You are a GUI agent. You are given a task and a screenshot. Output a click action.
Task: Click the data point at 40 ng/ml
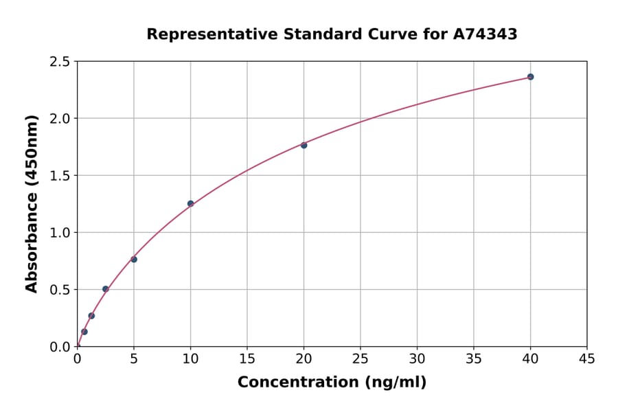[x=530, y=77]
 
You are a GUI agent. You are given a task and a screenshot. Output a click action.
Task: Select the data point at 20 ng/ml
[x=304, y=145]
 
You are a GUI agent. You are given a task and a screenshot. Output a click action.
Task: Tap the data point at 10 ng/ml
[x=190, y=203]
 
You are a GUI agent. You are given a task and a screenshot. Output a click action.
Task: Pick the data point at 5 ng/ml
[x=134, y=259]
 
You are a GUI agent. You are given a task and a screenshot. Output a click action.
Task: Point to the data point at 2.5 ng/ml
[x=106, y=289]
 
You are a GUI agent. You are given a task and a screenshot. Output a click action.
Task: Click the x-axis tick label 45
[x=587, y=359]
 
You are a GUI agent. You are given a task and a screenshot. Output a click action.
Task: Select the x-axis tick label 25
[x=360, y=359]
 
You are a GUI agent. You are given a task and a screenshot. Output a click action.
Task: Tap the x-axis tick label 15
[x=247, y=359]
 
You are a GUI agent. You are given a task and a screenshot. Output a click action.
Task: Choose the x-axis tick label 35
[x=474, y=359]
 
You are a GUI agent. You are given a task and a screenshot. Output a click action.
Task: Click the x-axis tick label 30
[x=417, y=359]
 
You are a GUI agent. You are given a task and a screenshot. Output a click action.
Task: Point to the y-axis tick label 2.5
[x=60, y=62]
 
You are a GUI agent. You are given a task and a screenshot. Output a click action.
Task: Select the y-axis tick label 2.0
[x=60, y=119]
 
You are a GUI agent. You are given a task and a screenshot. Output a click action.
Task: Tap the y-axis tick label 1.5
[x=60, y=176]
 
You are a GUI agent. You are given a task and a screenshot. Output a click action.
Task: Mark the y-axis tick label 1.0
[x=60, y=233]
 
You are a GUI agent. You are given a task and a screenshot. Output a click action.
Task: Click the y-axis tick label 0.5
[x=60, y=290]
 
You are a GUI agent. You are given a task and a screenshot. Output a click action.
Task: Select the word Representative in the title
[x=209, y=34]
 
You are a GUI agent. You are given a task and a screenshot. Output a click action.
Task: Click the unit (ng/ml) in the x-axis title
[x=395, y=383]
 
